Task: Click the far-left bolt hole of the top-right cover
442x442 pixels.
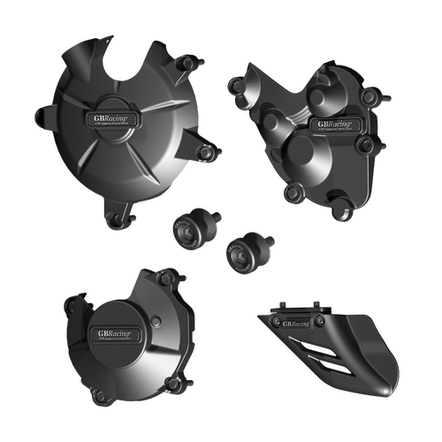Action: pos(233,86)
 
